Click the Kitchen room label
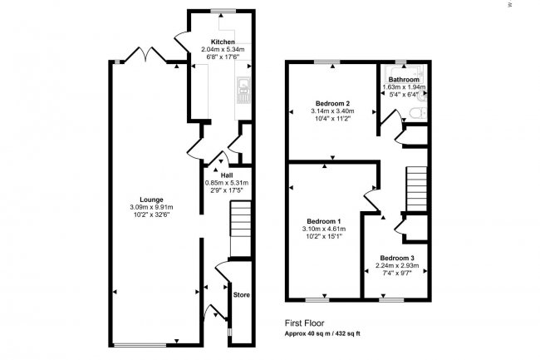click(222, 42)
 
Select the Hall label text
click(226, 175)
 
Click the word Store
click(241, 294)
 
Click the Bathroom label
click(402, 80)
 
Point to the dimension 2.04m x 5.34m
click(222, 49)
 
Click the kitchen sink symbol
click(243, 88)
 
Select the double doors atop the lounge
click(145, 56)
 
